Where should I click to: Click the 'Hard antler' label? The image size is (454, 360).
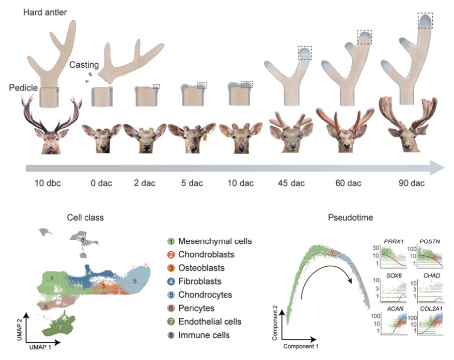coord(44,11)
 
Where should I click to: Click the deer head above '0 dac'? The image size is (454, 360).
coord(102,137)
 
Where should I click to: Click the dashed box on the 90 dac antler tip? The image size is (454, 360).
coord(424,21)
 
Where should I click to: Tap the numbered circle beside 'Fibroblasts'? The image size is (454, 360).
coord(170,281)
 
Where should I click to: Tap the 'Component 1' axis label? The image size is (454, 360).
coord(302,344)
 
